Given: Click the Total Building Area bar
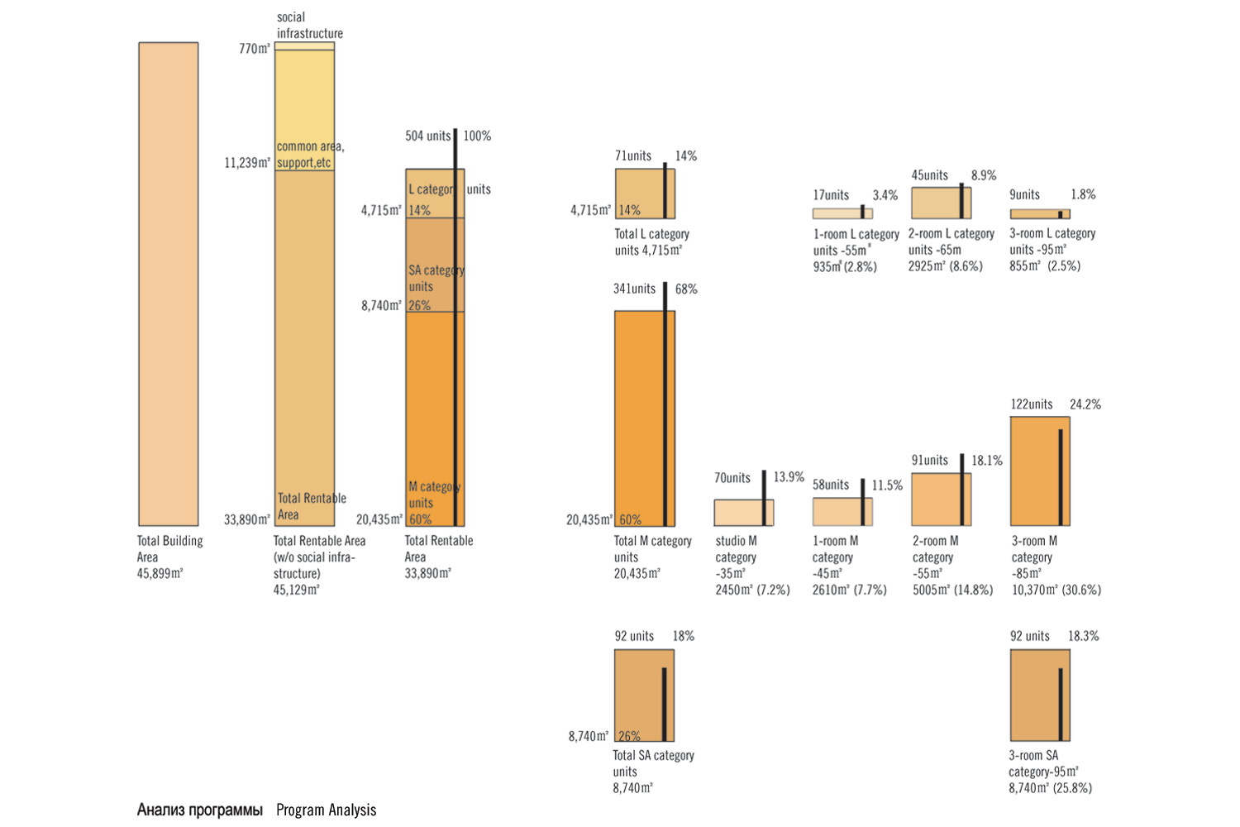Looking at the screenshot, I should pos(169,284).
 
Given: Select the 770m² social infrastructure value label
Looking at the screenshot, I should pos(255,49).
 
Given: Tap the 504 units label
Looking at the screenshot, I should pos(427,136).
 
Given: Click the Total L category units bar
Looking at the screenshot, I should pos(645,194).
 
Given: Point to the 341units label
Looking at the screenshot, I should pos(634,289).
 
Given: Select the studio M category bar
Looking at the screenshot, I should pos(743,513).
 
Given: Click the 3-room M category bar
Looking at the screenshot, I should pos(1040,471).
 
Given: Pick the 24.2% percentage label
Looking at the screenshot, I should pos(1085,404).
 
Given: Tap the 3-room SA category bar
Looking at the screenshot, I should pos(1040,695).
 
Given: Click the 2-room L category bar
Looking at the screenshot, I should pos(941,203).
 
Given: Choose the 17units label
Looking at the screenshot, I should pos(831,195).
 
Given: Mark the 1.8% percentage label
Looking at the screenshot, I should pos(1083,194).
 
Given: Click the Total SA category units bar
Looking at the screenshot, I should pos(644,695).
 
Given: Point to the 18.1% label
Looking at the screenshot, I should pos(986,460).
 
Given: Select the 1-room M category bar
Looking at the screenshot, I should pos(842,512).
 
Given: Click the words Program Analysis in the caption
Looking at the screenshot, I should pos(326,810).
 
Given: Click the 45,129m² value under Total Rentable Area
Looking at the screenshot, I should pos(296,590).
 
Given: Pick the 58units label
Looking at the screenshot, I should pos(830,485).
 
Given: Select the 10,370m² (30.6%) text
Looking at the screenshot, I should pos(1056,590).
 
